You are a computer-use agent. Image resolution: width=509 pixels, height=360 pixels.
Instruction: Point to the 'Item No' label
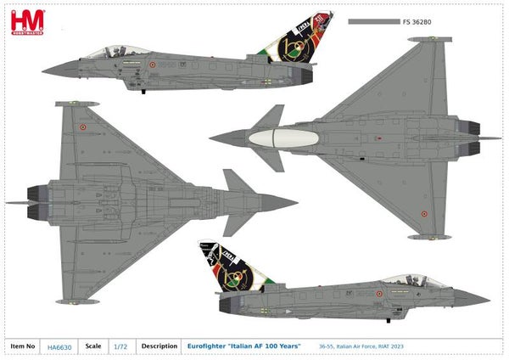(x=24, y=346)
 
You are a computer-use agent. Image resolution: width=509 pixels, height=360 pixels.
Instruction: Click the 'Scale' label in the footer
(x=93, y=346)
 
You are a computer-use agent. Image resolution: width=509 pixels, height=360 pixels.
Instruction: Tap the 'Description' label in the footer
(x=159, y=346)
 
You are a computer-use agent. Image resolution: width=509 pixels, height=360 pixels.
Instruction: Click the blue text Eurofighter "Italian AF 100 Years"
(x=243, y=346)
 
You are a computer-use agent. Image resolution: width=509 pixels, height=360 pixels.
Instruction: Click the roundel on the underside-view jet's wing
(x=82, y=127)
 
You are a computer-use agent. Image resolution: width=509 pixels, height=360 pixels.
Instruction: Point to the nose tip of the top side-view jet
(x=43, y=68)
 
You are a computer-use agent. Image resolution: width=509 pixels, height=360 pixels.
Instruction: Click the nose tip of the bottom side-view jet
(x=488, y=298)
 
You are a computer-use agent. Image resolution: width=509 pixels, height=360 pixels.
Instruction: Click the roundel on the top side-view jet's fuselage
(x=153, y=65)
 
